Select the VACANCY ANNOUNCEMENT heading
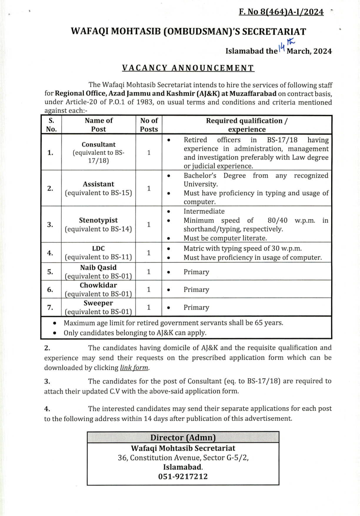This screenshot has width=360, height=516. click(x=188, y=68)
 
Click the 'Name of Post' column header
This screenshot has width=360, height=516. click(x=98, y=125)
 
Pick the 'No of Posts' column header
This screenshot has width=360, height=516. click(x=149, y=125)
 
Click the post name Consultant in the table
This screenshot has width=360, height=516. click(x=98, y=144)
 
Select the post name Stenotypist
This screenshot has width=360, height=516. click(x=98, y=220)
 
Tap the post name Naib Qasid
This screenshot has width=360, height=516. click(x=98, y=267)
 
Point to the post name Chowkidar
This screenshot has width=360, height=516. click(x=98, y=285)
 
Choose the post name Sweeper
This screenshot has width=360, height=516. click(x=98, y=303)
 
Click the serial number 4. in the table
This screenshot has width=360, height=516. click(x=50, y=253)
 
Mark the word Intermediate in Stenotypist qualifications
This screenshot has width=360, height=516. click(x=204, y=211)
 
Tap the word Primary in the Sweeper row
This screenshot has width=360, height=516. click(x=196, y=307)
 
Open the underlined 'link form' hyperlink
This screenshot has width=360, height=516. click(x=134, y=368)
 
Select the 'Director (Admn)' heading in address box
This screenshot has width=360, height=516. click(x=183, y=438)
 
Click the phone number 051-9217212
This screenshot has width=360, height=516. click(x=183, y=477)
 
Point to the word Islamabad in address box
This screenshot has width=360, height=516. click(x=182, y=467)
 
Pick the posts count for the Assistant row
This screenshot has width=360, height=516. click(x=149, y=188)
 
